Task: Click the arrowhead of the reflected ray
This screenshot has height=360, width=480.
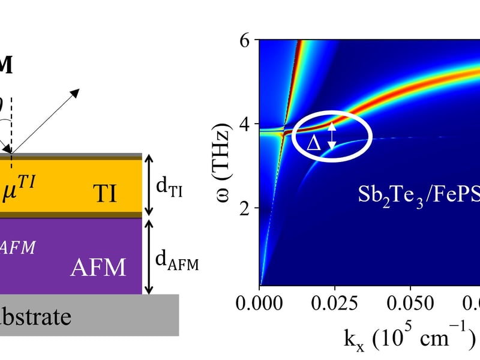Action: pyautogui.click(x=76, y=92)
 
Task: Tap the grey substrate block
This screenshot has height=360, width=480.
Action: pyautogui.click(x=90, y=315)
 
